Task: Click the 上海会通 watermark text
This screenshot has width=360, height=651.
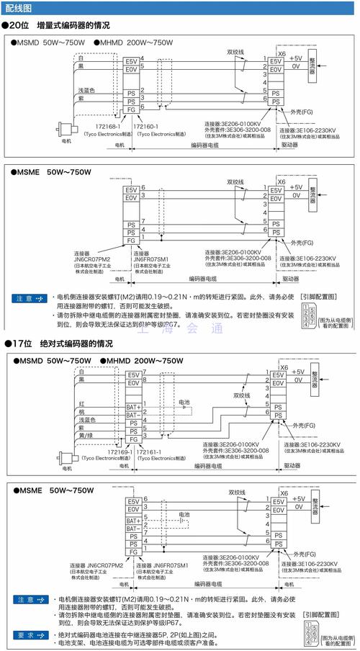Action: pyautogui.click(x=179, y=330)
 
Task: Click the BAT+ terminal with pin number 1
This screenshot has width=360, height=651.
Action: pyautogui.click(x=133, y=406)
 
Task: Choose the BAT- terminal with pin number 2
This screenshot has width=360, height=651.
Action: pyautogui.click(x=133, y=415)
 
